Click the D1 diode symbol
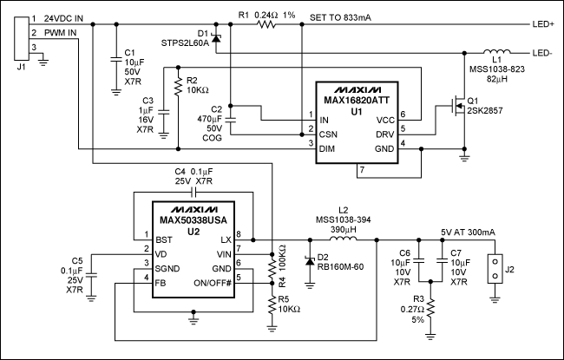(216, 37)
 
